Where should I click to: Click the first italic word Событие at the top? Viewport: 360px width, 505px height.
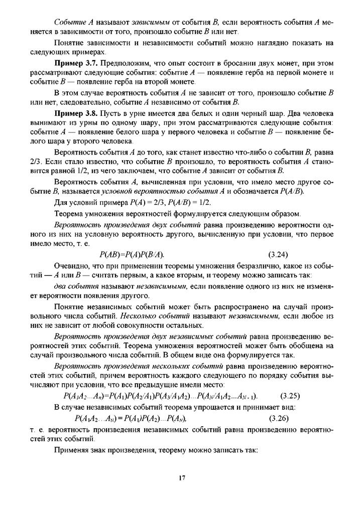point(69,22)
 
